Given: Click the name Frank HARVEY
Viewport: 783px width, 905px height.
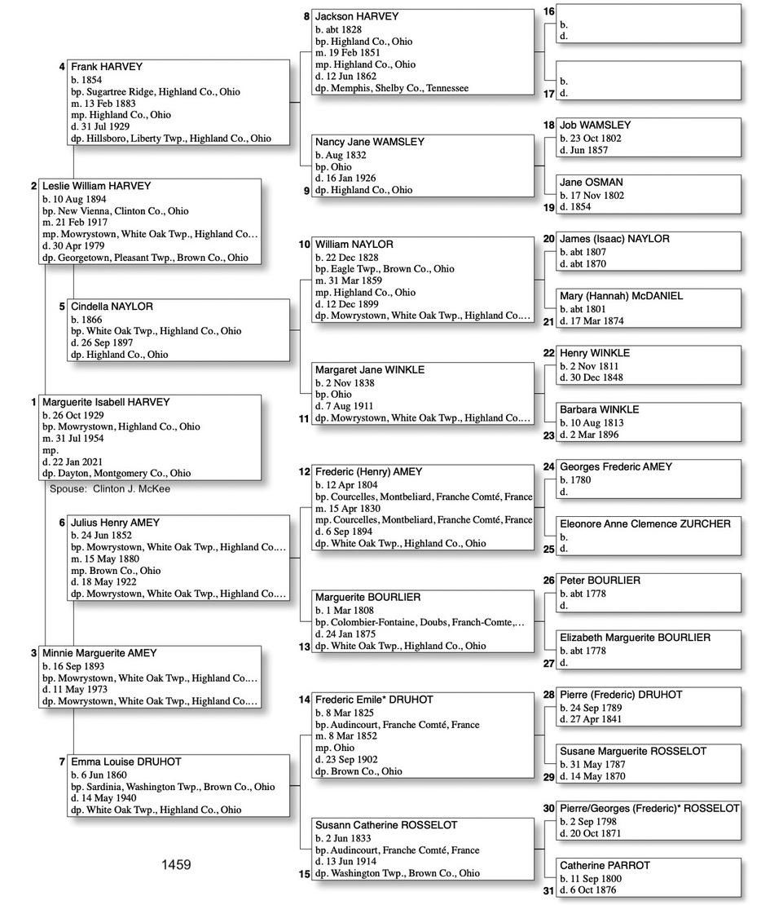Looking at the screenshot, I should tap(106, 67).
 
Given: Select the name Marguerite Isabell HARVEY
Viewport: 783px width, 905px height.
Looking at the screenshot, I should tap(106, 402).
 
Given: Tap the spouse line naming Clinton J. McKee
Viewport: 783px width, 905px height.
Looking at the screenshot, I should tap(110, 488).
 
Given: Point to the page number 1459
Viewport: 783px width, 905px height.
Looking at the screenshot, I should tap(176, 864).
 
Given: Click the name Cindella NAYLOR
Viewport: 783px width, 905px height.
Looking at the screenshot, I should tap(112, 307).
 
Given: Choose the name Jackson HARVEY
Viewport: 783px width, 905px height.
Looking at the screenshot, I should tap(357, 16).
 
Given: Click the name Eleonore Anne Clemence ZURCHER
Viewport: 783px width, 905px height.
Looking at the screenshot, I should tap(644, 523).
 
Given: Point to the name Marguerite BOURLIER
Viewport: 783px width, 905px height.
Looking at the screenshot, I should tap(367, 598).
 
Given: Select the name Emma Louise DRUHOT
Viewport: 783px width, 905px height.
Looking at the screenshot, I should tap(126, 762).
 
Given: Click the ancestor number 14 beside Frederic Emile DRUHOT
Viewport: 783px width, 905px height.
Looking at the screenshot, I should tap(304, 700).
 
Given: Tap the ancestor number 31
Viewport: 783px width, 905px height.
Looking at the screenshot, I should tap(548, 890).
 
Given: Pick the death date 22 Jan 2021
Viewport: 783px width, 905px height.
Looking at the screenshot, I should tap(73, 461).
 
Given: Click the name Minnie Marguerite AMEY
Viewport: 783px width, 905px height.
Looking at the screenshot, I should tap(99, 653).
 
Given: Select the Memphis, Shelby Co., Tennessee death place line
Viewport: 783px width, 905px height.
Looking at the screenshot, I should tap(392, 88).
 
